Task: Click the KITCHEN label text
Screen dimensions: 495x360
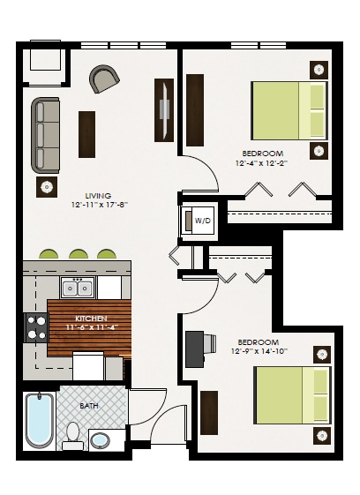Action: tap(92, 318)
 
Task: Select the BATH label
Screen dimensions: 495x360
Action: tap(89, 406)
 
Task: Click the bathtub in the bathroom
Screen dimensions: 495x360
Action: tap(39, 420)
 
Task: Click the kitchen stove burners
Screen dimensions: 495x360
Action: tap(36, 328)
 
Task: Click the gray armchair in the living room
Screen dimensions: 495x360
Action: tap(104, 79)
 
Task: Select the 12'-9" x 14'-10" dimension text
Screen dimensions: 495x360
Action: tap(258, 351)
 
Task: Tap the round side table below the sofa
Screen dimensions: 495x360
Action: tap(45, 185)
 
